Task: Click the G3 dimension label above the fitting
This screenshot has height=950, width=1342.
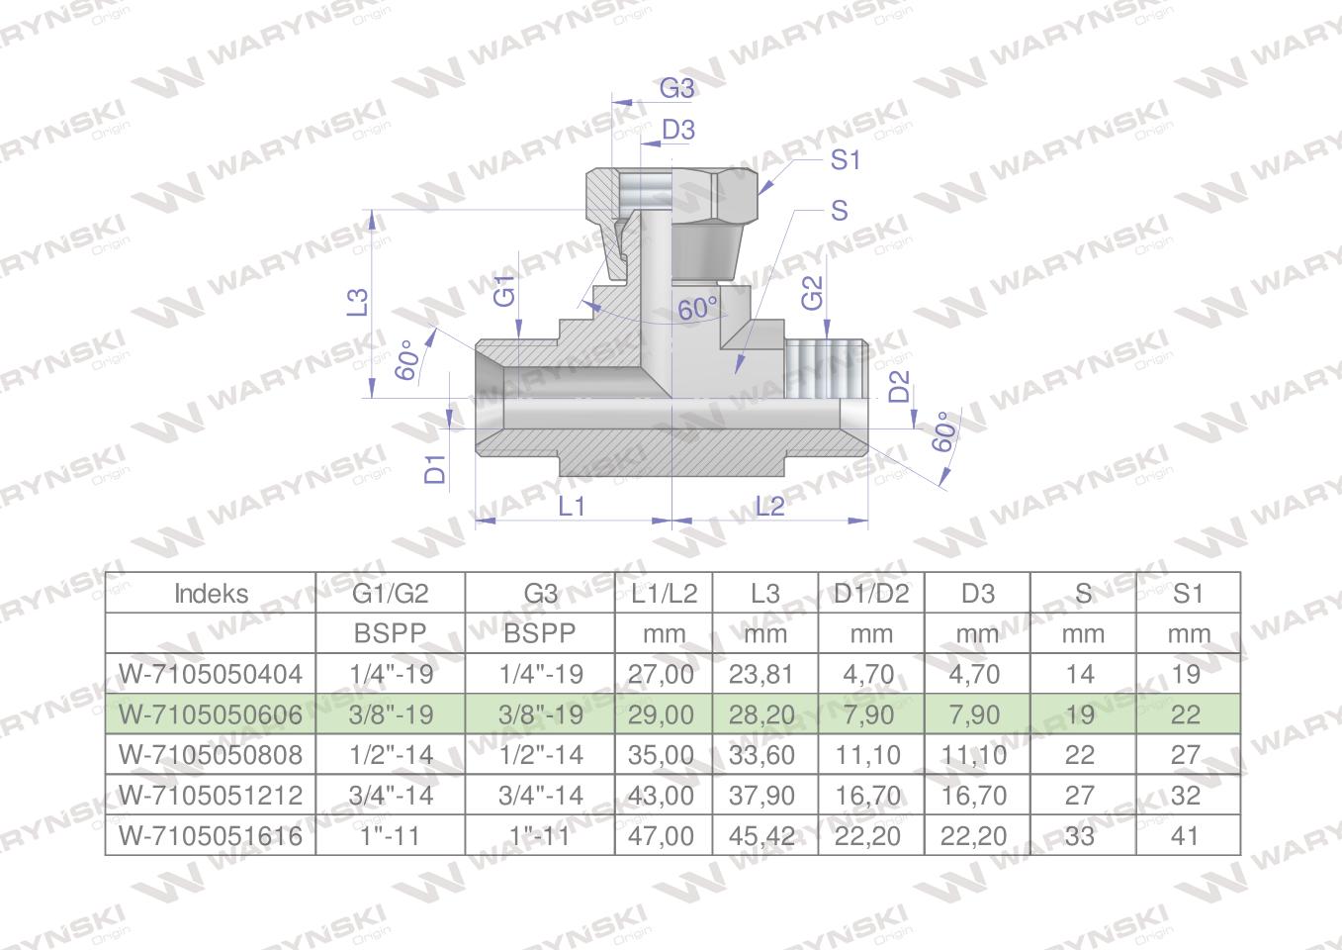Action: pyautogui.click(x=677, y=89)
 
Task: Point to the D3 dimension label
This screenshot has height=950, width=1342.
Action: pyautogui.click(x=678, y=130)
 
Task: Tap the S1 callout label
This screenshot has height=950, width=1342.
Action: pyautogui.click(x=846, y=160)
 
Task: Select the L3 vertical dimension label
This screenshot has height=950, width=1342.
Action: pyautogui.click(x=357, y=302)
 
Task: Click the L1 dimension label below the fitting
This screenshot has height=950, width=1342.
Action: pyautogui.click(x=572, y=507)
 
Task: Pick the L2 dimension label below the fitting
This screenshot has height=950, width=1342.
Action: pyautogui.click(x=769, y=507)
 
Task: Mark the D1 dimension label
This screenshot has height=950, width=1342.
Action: pyautogui.click(x=435, y=469)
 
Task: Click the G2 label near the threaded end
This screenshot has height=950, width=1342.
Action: pyautogui.click(x=812, y=293)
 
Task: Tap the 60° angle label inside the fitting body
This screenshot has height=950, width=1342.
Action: pyautogui.click(x=698, y=309)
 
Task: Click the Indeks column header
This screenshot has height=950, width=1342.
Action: pyautogui.click(x=211, y=594)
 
